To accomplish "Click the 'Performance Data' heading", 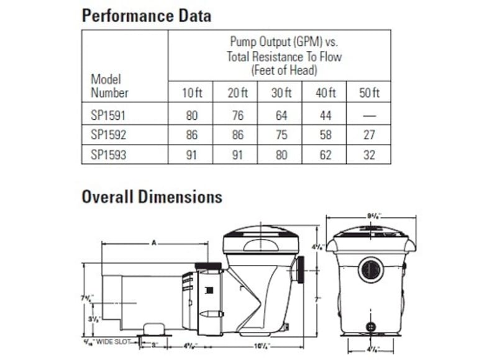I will pos(146,15).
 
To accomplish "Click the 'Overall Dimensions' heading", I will pos(152,197).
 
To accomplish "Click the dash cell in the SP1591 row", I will pos(369,115).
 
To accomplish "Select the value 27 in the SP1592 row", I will pos(369,134).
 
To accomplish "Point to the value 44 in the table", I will pos(325,115).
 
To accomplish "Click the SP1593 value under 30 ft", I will pos(281,154).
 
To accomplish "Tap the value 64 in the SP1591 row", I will pos(281,115).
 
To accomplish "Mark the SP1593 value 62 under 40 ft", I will pos(325,154).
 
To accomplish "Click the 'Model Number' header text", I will pos(109,86).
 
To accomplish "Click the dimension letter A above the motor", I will pos(153,243).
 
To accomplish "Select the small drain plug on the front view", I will pos(371,325).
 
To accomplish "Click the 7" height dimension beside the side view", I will pos(317,300).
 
